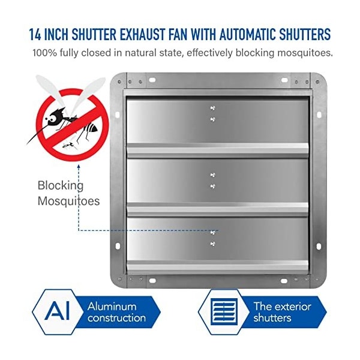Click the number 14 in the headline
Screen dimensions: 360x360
click(35, 34)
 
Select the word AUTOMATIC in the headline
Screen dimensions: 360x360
click(248, 34)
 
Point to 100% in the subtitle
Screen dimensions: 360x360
click(45, 53)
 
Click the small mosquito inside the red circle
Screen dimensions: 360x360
click(70, 145)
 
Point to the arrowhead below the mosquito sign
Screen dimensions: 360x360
click(79, 166)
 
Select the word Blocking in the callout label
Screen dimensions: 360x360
click(61, 186)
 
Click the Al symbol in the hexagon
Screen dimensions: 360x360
click(57, 311)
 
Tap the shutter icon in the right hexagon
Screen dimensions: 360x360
click(223, 312)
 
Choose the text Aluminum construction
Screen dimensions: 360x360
click(116, 312)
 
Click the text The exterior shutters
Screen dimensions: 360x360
click(282, 312)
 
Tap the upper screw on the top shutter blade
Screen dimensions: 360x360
click(213, 107)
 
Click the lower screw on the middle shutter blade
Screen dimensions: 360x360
click(212, 186)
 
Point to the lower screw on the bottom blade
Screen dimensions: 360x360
click(213, 244)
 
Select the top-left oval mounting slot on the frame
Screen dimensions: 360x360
click(152, 80)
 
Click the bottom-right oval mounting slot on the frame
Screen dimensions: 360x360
click(284, 281)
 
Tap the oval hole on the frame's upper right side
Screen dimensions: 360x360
click(319, 115)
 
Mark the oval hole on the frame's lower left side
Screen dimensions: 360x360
click(118, 247)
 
